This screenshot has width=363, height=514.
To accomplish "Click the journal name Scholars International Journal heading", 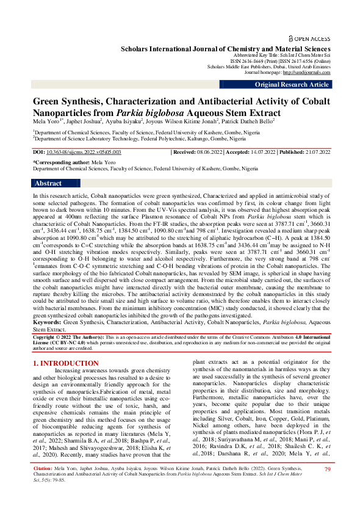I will [x=226, y=48].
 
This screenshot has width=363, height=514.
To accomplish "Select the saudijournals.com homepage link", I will [x=309, y=72].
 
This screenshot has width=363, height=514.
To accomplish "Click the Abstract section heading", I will [x=48, y=183].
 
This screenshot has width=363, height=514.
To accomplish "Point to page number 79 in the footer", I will [x=327, y=487].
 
